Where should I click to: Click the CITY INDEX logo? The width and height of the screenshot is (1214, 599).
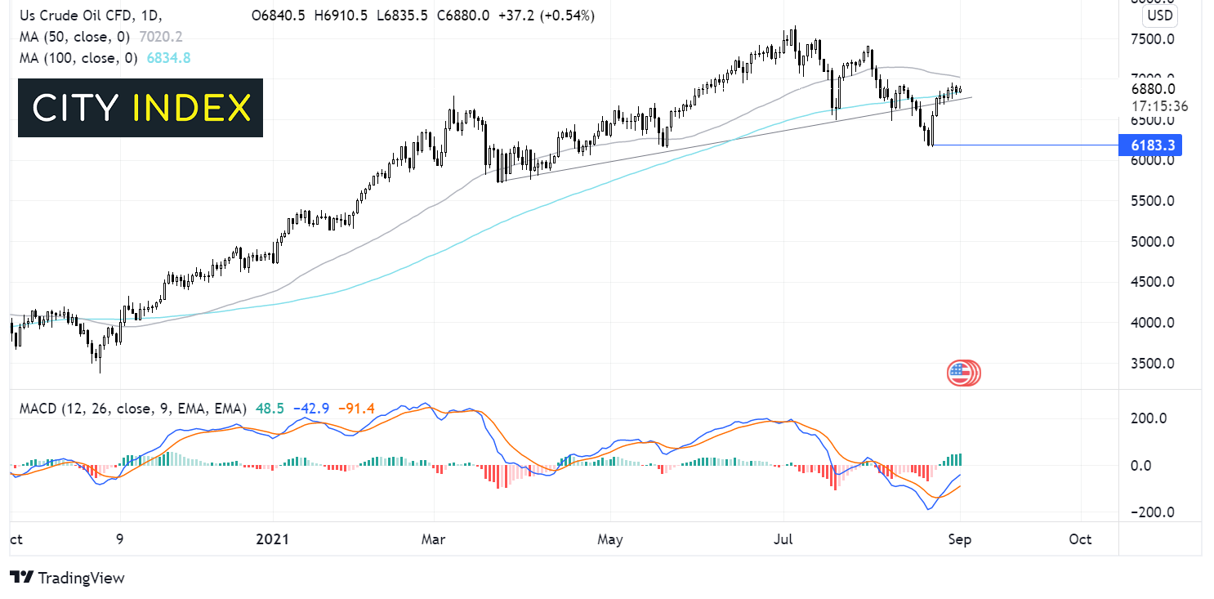click(141, 108)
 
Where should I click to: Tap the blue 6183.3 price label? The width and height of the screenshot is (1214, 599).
click(1153, 145)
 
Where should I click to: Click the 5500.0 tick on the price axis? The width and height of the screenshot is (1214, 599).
click(1152, 201)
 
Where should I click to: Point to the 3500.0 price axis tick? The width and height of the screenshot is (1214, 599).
click(1152, 364)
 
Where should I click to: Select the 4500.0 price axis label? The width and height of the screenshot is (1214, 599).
click(1152, 282)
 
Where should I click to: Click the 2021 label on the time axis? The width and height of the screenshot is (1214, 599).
click(273, 539)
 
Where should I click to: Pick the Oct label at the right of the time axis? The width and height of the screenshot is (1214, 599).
click(1080, 539)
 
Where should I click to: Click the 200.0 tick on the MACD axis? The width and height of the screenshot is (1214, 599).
click(1152, 418)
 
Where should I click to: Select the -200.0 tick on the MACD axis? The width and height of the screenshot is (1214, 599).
click(1149, 512)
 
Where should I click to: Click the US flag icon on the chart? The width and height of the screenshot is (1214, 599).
click(962, 373)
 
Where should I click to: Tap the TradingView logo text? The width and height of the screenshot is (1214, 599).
click(69, 578)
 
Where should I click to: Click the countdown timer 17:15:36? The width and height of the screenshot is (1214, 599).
click(1159, 106)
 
